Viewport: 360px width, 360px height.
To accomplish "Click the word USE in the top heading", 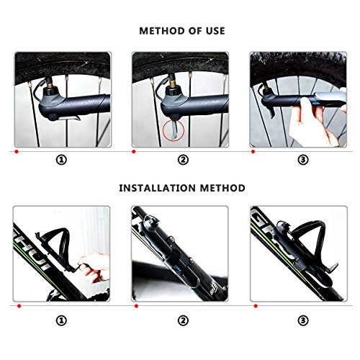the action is click(x=215, y=31).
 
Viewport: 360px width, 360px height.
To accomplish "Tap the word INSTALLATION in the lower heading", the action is click(x=158, y=188).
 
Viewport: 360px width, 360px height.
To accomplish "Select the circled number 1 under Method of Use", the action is click(x=61, y=160).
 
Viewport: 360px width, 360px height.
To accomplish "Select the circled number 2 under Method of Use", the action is click(x=183, y=160).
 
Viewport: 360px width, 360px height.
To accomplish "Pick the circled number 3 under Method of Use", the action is click(x=303, y=160).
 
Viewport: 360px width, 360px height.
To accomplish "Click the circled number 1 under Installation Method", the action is click(x=61, y=320).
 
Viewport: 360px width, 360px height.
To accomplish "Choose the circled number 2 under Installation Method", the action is click(x=183, y=320).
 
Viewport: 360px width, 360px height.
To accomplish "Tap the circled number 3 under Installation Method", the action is click(x=303, y=320).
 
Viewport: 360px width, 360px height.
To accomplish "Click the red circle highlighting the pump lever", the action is click(x=163, y=132).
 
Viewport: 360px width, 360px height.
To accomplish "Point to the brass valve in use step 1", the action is click(x=51, y=84).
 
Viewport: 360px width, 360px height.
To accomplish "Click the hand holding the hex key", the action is click(x=94, y=267).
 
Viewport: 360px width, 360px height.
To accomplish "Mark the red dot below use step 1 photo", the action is click(x=17, y=152).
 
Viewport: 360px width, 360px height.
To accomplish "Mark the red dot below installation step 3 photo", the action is click(x=256, y=306).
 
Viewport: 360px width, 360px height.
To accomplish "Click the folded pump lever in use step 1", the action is click(x=70, y=118).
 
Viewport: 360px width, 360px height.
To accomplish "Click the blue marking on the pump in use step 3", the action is click(x=316, y=104).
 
